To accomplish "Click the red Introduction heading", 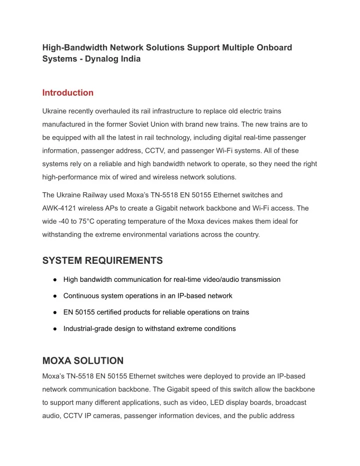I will (x=67, y=93).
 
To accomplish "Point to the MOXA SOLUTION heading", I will (x=82, y=360).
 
